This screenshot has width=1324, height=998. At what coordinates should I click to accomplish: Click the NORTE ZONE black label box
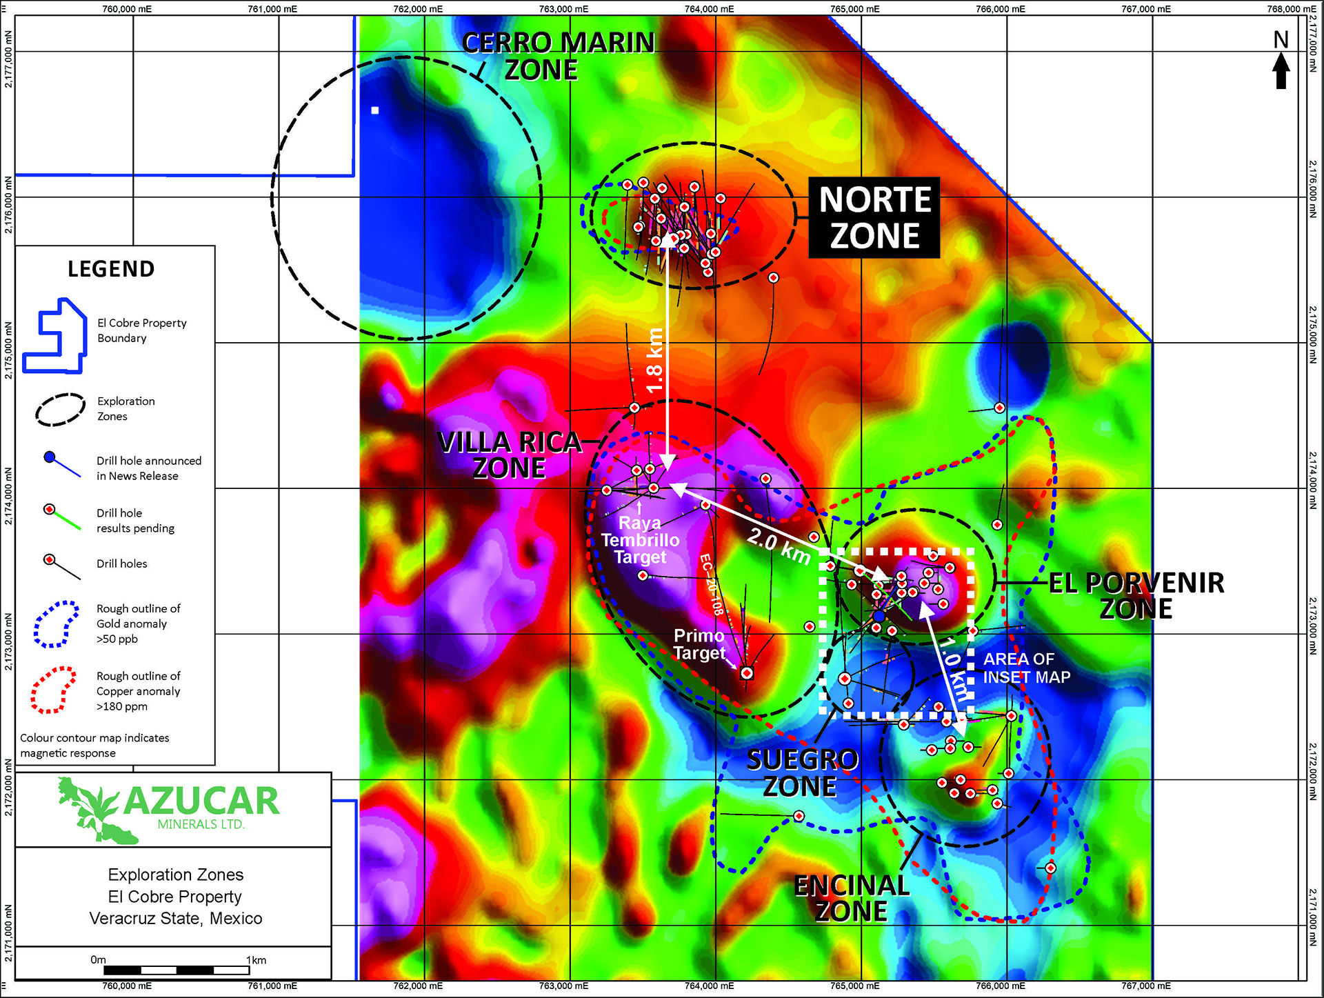pos(874,218)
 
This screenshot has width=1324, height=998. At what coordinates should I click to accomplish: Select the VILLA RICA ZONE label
pos(510,455)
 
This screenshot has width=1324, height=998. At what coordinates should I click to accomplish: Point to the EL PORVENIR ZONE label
pos(1136,596)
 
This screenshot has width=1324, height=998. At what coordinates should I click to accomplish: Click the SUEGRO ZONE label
pos(801,773)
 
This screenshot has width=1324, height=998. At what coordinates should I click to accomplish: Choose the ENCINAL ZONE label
pos(852,899)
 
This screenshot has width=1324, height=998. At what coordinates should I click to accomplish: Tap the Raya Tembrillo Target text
pos(640,540)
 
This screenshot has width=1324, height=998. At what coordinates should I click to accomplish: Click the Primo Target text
pos(699,644)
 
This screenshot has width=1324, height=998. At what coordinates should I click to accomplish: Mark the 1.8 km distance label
pos(654,361)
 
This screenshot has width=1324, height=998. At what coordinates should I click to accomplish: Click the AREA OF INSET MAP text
pos(1026,668)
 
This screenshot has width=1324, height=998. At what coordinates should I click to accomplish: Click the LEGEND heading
pos(111,269)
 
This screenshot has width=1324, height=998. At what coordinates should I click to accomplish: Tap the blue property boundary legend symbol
pos(55,336)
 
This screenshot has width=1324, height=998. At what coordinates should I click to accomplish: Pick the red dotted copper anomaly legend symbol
pos(53,690)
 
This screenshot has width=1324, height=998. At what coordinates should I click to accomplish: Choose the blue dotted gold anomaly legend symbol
pos(55,623)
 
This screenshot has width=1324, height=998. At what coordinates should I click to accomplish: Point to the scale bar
pos(177,970)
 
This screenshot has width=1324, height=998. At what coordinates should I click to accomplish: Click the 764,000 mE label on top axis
pos(709,9)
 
